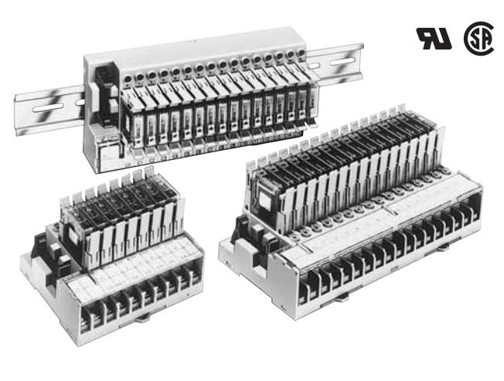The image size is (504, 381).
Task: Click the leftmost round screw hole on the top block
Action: click(x=139, y=77)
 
